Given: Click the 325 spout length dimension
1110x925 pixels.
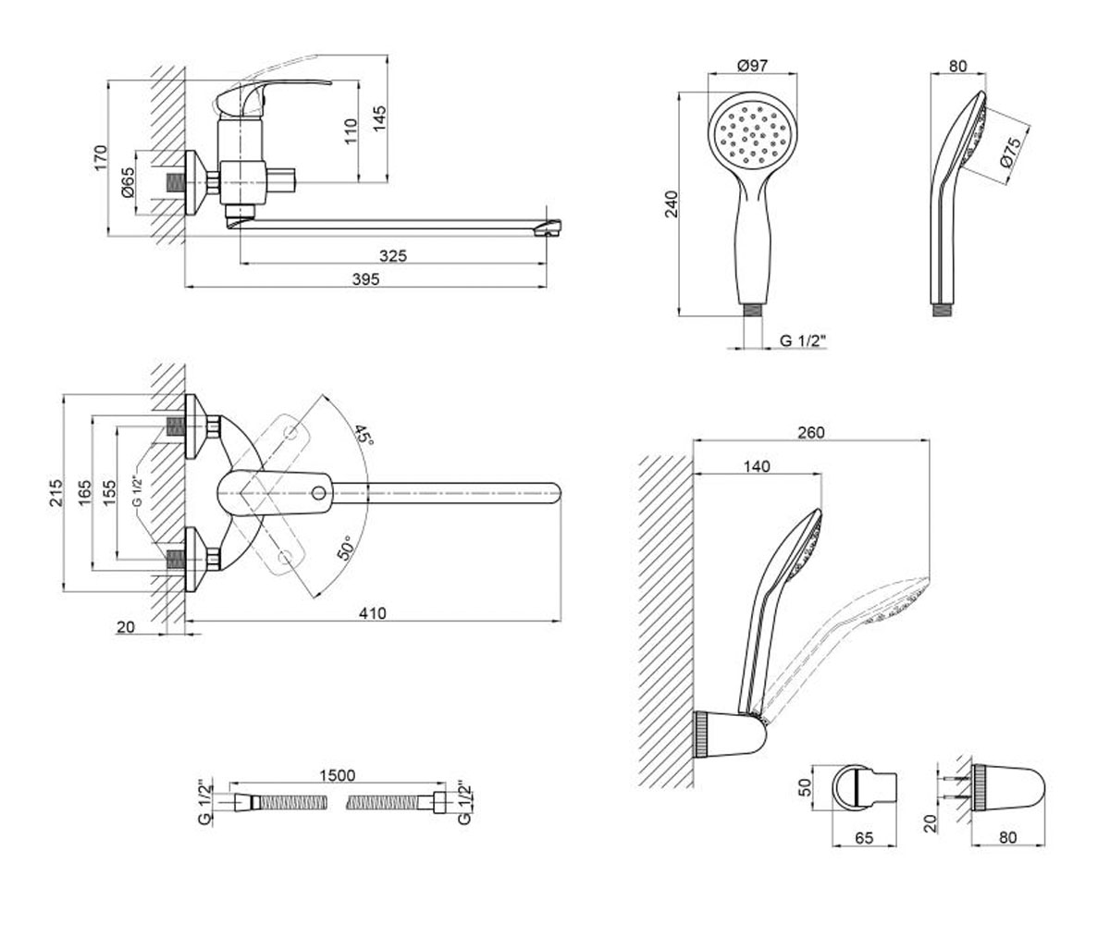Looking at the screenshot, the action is click(393, 255).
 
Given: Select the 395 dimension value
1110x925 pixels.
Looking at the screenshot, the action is click(365, 279).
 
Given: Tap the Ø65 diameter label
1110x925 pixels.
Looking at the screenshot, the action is click(128, 183).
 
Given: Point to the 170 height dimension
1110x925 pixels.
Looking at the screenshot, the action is click(100, 158).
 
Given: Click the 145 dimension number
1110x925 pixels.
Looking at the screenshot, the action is click(379, 119).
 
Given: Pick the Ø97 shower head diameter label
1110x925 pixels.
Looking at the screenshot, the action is click(753, 66).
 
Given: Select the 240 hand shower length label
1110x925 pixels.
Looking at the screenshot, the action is click(672, 204).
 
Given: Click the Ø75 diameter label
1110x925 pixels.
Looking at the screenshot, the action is click(1009, 154).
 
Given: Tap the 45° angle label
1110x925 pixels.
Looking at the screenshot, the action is click(363, 435).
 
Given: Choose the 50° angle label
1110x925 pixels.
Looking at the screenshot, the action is click(345, 547).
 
